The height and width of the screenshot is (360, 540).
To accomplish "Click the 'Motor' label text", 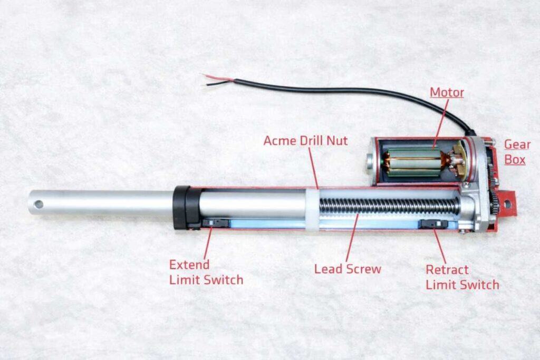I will tap(447, 93).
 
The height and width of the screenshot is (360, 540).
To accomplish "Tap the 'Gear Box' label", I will tap(515, 151).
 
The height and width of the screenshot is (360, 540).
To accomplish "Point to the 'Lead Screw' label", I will tap(348, 269).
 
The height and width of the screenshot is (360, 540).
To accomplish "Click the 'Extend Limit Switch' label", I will tap(206, 272).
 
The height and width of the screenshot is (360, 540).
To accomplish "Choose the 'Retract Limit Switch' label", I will tap(462, 277).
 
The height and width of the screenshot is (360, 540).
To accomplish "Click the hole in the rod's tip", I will tap(38, 203).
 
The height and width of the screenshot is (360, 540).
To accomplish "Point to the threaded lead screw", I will tap(390, 205).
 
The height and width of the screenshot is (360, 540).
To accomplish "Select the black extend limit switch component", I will tap(217, 223).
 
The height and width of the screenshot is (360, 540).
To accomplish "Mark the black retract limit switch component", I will tap(434, 224).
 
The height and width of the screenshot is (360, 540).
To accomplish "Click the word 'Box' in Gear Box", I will tap(515, 159).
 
